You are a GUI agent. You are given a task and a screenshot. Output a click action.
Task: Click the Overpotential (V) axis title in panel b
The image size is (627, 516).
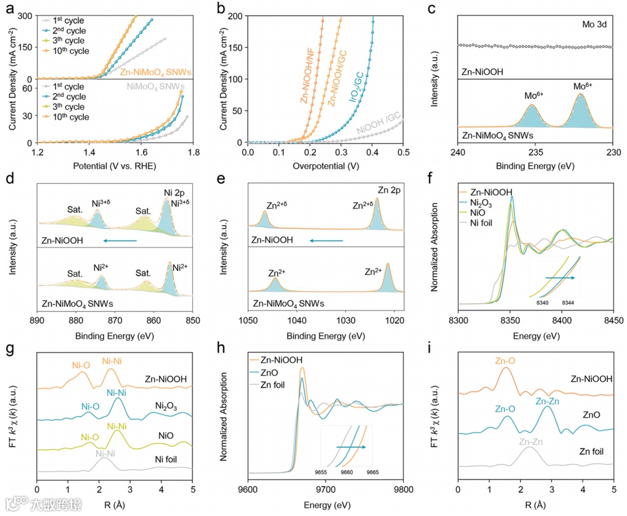click(325, 165)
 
